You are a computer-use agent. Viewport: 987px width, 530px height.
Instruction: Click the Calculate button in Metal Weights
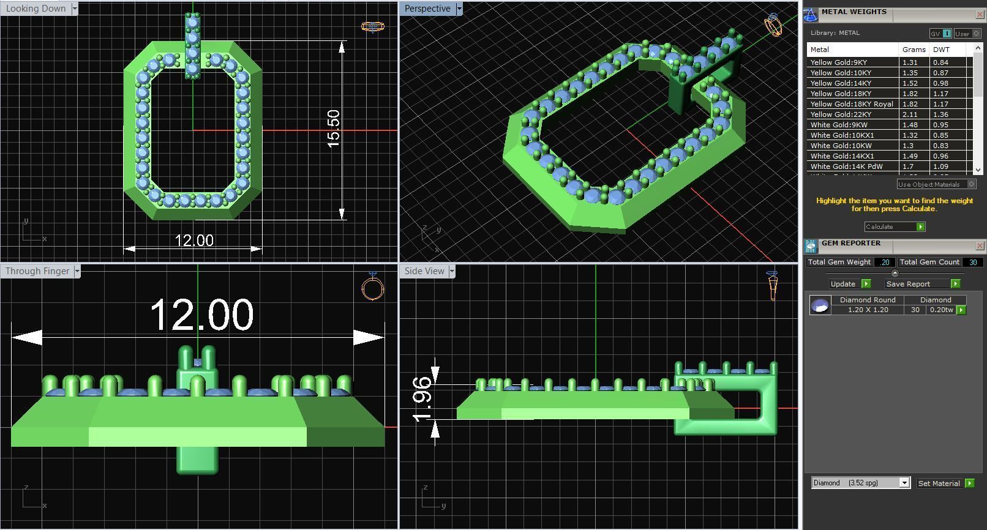coord(894,227)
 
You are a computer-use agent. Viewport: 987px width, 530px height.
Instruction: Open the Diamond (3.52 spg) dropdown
coord(860,483)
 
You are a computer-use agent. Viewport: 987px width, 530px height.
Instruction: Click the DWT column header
coord(941,50)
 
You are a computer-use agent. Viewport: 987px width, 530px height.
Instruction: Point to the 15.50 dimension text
coord(333,129)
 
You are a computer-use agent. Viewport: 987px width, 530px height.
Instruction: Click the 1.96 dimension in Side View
coord(422,399)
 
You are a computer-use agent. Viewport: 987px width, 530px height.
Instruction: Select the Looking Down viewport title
coord(36,9)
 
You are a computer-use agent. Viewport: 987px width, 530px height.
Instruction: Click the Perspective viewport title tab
coord(427,9)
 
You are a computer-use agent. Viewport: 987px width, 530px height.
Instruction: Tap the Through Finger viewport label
coord(37,271)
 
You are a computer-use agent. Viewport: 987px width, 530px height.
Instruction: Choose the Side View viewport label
coord(424,271)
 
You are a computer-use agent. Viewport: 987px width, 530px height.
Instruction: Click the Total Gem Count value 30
coord(973,262)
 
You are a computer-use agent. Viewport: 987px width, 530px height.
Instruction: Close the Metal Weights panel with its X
coord(979,14)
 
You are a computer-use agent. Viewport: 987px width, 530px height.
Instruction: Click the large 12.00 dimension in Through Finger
coord(201,315)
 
